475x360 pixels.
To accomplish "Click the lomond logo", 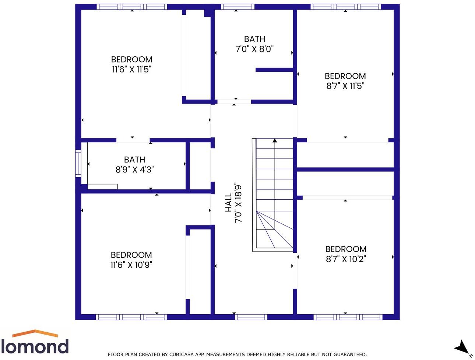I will click(x=35, y=343).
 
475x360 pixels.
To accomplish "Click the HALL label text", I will click(x=228, y=203).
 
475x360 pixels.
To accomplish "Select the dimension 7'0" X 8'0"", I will click(x=254, y=49).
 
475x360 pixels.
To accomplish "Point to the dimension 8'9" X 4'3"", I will click(x=134, y=169).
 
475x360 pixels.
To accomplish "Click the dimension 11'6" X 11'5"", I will click(x=131, y=69).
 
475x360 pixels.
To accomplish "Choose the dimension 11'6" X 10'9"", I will click(x=131, y=265).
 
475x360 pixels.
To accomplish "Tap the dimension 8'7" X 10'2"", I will click(x=345, y=259).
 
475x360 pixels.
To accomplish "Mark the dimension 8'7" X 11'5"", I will click(x=345, y=86).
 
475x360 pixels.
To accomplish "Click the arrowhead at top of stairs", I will click(x=275, y=140).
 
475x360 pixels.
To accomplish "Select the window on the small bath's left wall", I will click(x=78, y=164).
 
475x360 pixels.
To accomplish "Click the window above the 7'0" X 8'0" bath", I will click(x=237, y=7).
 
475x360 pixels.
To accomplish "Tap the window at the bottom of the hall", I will click(x=251, y=317).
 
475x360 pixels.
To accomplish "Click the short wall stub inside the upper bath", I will click(x=274, y=70).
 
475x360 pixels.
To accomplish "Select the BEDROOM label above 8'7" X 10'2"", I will click(x=345, y=249).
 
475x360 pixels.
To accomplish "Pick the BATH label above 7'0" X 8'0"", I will click(x=254, y=39).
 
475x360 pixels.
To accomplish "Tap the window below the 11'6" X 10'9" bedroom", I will click(x=131, y=317).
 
